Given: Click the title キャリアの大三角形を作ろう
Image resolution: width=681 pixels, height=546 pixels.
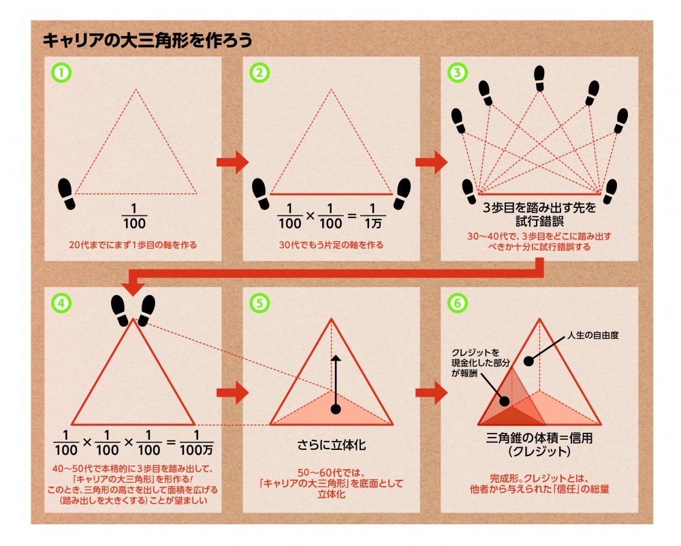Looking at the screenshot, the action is coord(147,40).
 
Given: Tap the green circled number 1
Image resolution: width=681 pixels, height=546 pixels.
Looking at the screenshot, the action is coord(62,73).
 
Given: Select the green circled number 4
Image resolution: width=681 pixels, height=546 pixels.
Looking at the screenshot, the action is coord(62,303).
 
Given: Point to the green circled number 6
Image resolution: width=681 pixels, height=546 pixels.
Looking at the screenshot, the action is coord(458,303).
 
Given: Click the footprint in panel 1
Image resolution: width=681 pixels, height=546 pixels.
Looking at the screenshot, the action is coord(67,194).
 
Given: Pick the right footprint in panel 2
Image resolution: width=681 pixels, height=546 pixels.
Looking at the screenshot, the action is coord(402,194).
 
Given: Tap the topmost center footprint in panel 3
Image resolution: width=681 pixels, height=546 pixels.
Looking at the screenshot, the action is coord(539,78).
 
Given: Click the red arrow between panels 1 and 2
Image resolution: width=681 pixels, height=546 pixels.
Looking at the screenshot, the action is coord(232,163).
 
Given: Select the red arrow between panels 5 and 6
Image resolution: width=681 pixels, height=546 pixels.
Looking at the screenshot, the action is coord(431,393).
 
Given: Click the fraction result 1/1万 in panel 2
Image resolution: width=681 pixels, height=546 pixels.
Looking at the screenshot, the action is coord(373,216).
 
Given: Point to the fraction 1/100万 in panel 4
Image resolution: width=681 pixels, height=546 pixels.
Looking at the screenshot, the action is coord(196,442).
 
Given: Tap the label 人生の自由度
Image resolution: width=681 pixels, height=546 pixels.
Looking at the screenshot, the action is coord(593,335).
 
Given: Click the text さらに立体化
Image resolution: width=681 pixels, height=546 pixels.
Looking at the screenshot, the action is coord(332,444).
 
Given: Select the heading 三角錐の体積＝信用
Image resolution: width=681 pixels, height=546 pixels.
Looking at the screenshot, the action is coord(539,438).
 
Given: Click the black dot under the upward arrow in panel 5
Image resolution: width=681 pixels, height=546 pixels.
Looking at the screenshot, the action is coord(335,409).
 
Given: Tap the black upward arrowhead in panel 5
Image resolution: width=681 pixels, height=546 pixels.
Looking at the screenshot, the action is coord(335,358).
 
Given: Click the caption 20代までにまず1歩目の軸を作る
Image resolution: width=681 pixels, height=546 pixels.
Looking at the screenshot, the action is coord(133,245).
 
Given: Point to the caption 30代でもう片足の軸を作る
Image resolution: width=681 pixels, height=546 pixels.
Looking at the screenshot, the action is coord(331,245).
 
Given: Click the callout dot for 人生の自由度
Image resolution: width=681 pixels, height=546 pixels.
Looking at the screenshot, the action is coord(528,361).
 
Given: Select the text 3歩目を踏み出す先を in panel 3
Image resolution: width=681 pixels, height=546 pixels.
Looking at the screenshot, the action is coord(539,207).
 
